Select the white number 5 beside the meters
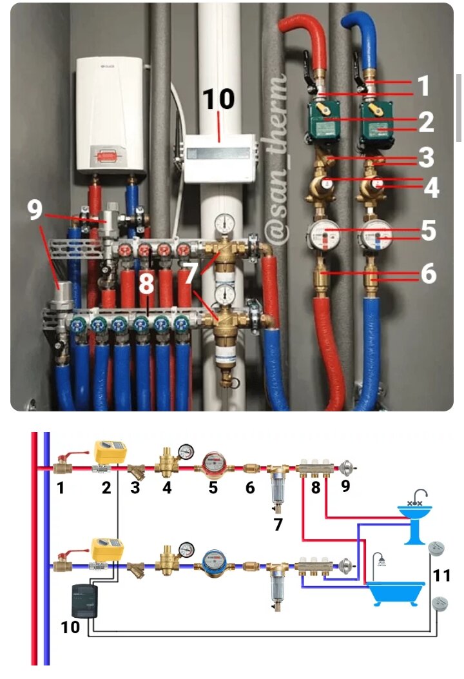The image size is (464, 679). coord(428,231)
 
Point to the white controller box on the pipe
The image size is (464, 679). coord(217,159)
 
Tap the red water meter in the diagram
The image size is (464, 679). coord(213,463)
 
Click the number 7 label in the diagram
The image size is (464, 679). coord(278,524)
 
